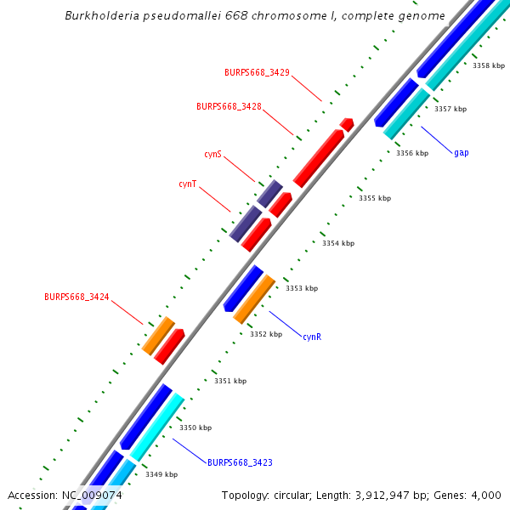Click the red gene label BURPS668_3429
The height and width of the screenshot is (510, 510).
pyautogui.click(x=257, y=73)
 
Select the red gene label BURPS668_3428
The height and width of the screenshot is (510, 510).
pyautogui.click(x=229, y=107)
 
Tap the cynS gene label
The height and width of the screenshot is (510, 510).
pyautogui.click(x=212, y=155)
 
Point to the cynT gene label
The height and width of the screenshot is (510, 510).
pyautogui.click(x=188, y=184)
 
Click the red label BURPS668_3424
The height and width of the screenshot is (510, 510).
pyautogui.click(x=76, y=297)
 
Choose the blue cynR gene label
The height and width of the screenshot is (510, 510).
pyautogui.click(x=312, y=337)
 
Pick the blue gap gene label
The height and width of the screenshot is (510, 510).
pyautogui.click(x=462, y=153)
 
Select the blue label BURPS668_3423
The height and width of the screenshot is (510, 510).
pyautogui.click(x=240, y=462)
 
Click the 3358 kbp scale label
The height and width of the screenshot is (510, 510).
pyautogui.click(x=489, y=65)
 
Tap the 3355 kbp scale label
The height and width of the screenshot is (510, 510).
pyautogui.click(x=375, y=198)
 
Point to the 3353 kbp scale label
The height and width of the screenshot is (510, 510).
pyautogui.click(x=302, y=289)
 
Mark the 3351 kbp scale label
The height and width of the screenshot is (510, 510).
pyautogui.click(x=230, y=381)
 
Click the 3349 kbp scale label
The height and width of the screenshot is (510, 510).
pyautogui.click(x=161, y=474)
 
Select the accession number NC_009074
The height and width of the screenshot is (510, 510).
pyautogui.click(x=91, y=496)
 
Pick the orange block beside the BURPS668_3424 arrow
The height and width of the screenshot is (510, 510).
pyautogui.click(x=158, y=336)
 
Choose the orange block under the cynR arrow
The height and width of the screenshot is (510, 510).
pyautogui.click(x=254, y=299)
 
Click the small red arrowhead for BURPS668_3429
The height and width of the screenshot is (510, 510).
pyautogui.click(x=347, y=124)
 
